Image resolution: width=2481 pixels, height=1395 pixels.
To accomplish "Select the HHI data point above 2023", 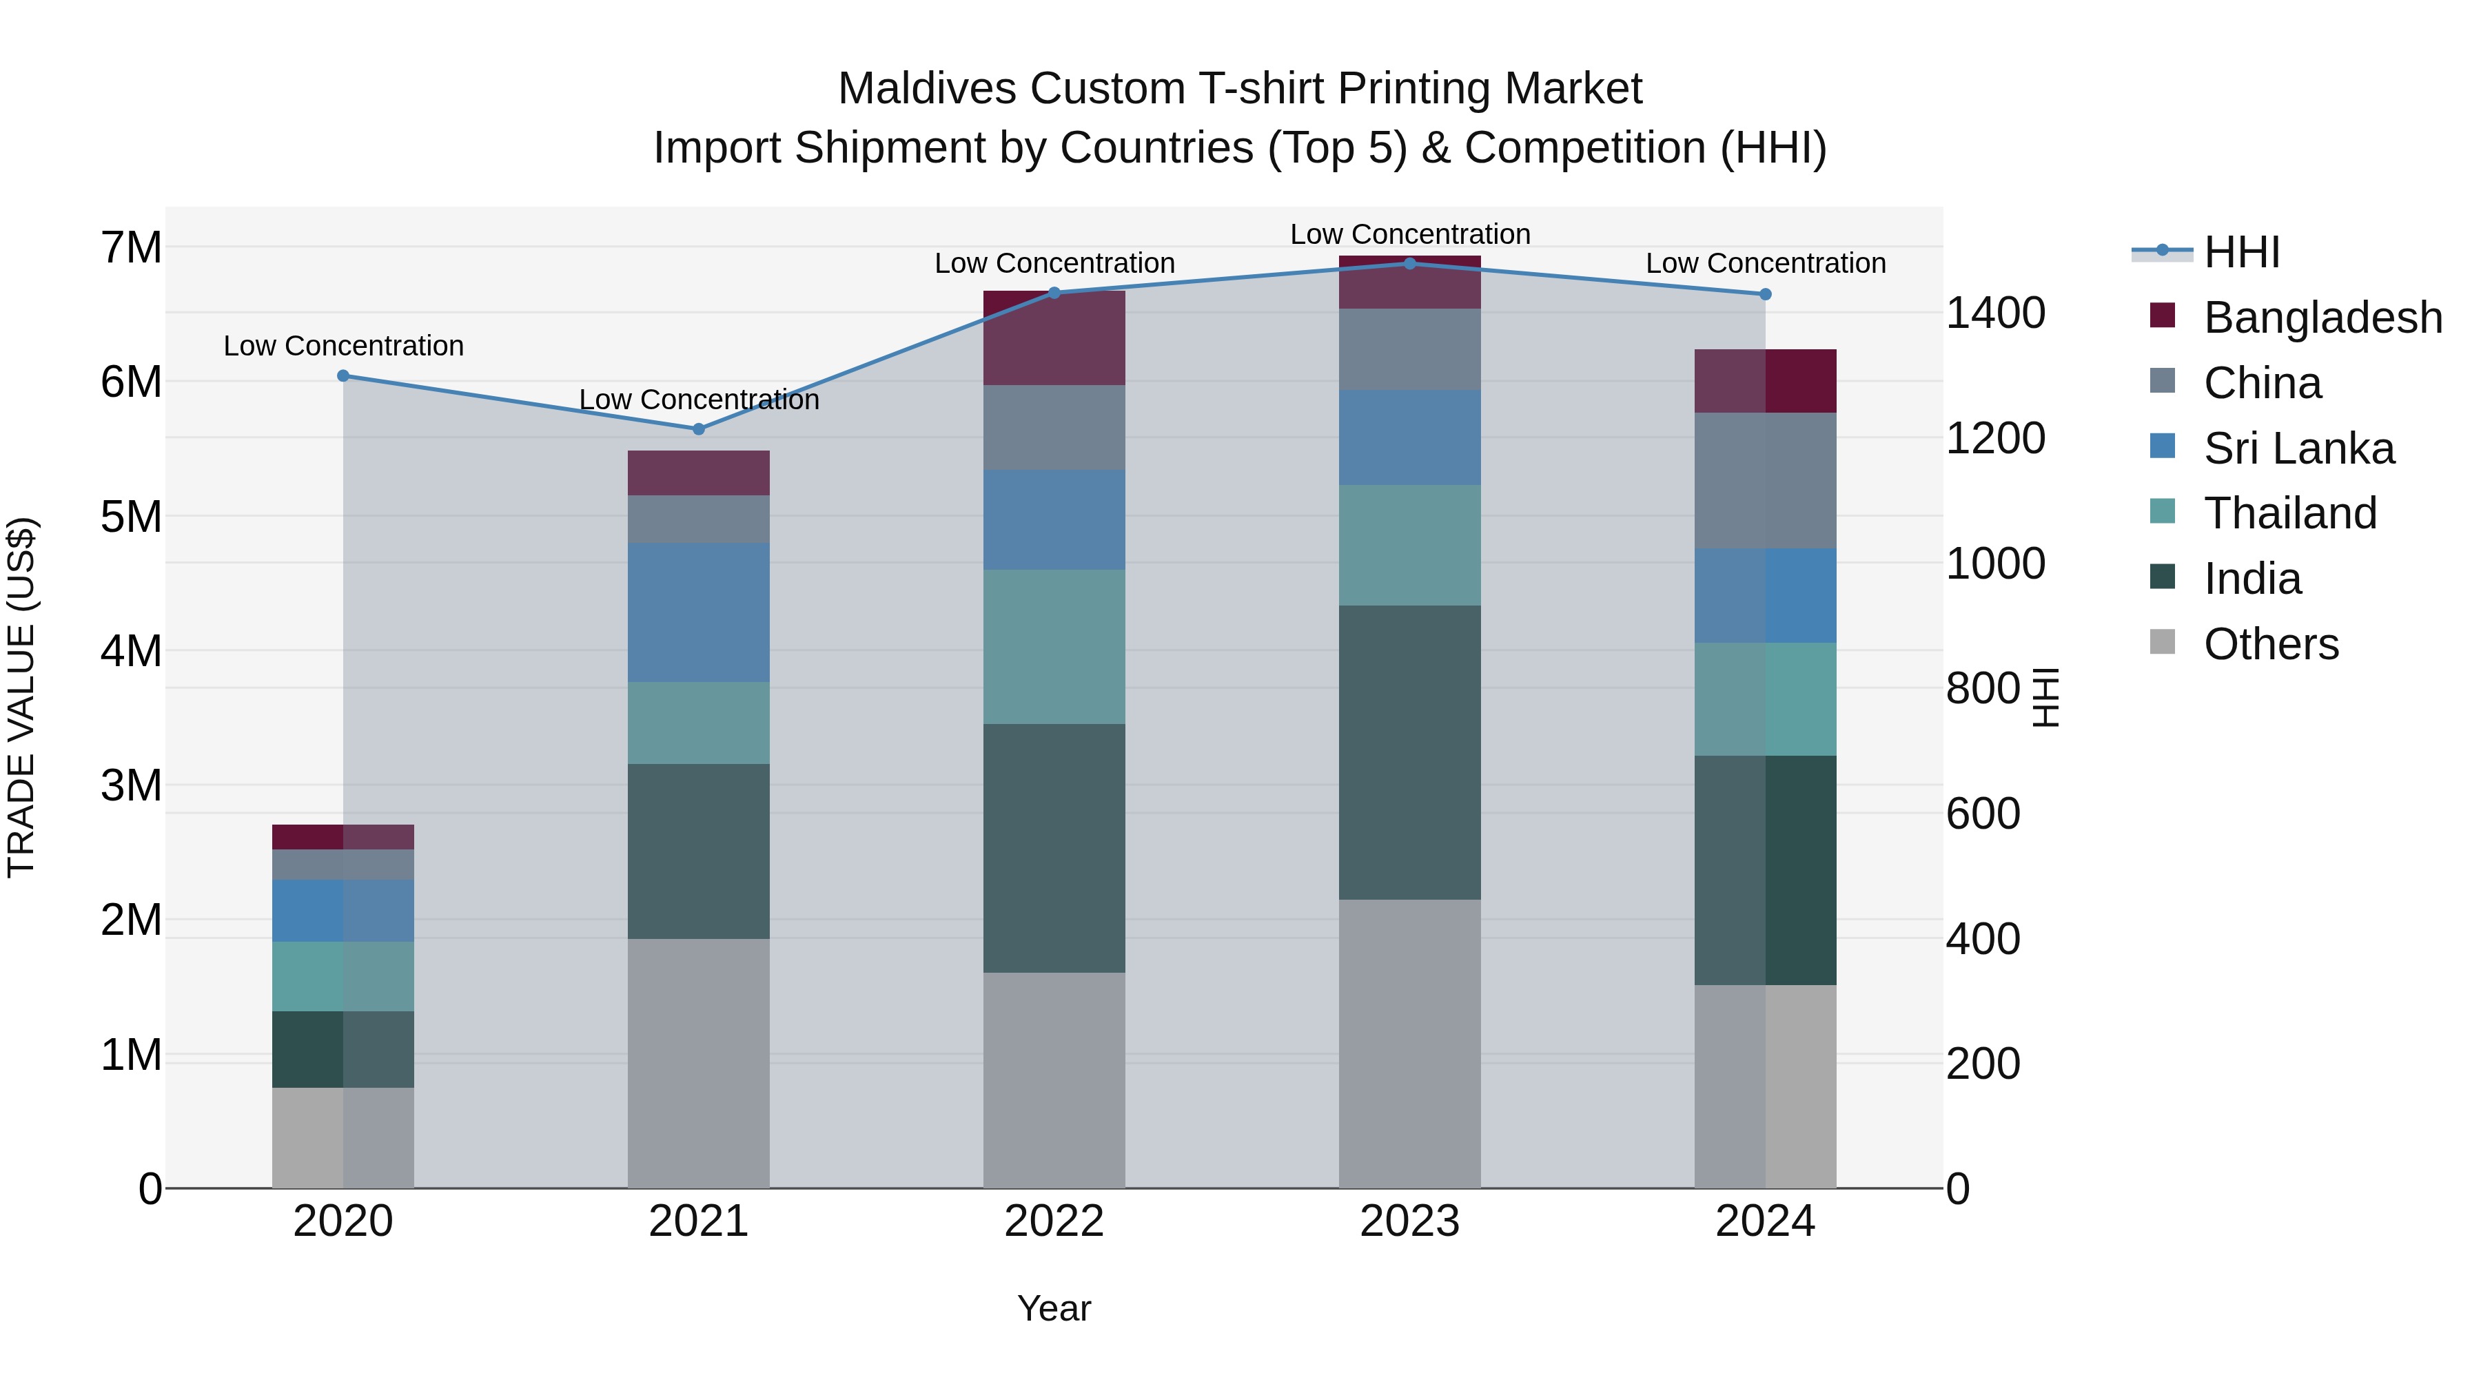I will pyautogui.click(x=1409, y=263).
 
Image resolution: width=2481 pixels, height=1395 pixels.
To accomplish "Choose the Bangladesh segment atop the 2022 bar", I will pyautogui.click(x=1054, y=337).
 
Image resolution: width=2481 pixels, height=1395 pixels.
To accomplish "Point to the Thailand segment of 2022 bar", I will pyautogui.click(x=1054, y=646).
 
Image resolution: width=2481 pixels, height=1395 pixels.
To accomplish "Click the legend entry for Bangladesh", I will pyautogui.click(x=2321, y=318).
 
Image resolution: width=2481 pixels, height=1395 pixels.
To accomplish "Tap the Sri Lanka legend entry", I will pyautogui.click(x=2298, y=448).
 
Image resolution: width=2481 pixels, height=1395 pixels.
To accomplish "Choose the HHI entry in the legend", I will pyautogui.click(x=2240, y=252).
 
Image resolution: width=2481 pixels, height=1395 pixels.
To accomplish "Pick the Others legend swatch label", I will pyautogui.click(x=2270, y=644).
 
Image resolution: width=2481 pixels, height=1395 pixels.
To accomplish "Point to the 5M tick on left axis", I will pyautogui.click(x=131, y=517).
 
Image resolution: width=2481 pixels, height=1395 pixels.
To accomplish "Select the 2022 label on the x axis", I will pyautogui.click(x=1054, y=1221).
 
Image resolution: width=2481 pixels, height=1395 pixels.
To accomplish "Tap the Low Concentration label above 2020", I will pyautogui.click(x=344, y=346).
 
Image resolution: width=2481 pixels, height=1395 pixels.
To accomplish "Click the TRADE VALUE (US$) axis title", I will pyautogui.click(x=21, y=697).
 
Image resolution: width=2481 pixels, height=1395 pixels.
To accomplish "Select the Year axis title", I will pyautogui.click(x=1054, y=1308).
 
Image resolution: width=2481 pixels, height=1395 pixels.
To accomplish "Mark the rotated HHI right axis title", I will pyautogui.click(x=2045, y=697).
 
